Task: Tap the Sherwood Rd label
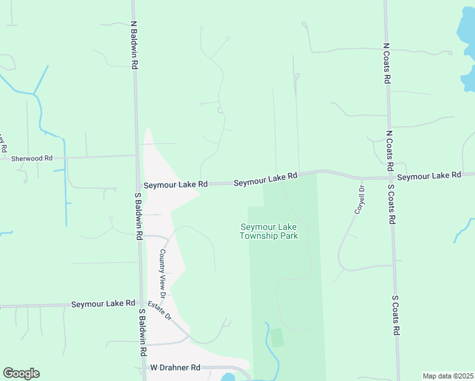click(27, 157)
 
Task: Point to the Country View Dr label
click(163, 274)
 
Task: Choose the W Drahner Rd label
click(175, 368)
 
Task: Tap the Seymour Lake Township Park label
click(269, 231)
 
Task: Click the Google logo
click(21, 373)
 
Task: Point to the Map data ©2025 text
click(448, 375)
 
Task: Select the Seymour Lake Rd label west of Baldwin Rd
click(103, 304)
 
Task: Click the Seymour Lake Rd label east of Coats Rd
click(429, 175)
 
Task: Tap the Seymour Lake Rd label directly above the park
click(265, 180)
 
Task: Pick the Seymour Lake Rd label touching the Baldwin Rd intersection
click(175, 185)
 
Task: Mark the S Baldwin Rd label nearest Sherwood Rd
click(138, 216)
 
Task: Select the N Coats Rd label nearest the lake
click(386, 63)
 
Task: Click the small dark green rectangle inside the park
click(277, 337)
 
